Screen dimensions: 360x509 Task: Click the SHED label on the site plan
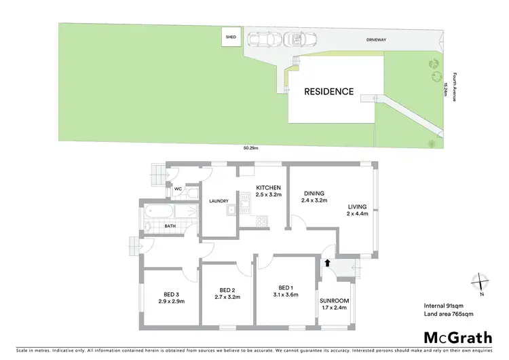[x=231, y=38]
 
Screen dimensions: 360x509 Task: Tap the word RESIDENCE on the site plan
[x=328, y=92]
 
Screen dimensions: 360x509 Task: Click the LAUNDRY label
[x=218, y=200]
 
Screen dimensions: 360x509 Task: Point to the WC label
[x=178, y=190]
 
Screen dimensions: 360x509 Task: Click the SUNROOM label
[x=334, y=300]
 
